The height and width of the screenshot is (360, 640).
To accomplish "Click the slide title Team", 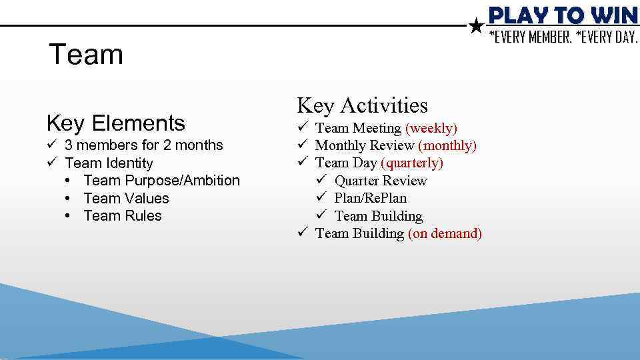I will click(x=86, y=55).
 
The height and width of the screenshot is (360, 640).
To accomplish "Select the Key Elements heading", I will click(x=116, y=123).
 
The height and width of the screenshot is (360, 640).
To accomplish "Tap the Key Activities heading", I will click(x=362, y=105).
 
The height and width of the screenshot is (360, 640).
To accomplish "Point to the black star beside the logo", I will click(x=476, y=27).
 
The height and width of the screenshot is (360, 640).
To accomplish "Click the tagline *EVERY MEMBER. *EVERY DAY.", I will click(x=563, y=37).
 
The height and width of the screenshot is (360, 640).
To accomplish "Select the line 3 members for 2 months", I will click(x=143, y=145).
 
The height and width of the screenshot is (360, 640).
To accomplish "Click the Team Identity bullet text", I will click(x=109, y=163).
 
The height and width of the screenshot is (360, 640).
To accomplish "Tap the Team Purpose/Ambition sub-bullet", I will click(x=161, y=181).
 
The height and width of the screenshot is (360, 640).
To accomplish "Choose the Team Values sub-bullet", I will click(x=126, y=199).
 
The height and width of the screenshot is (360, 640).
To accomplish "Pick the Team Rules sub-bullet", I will click(x=123, y=216).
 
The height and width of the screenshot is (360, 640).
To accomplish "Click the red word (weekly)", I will click(x=431, y=128).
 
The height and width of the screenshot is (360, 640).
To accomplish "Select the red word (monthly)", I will click(x=447, y=145).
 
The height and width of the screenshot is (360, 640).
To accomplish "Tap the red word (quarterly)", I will click(x=411, y=163).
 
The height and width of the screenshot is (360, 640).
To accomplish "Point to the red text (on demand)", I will click(x=445, y=233).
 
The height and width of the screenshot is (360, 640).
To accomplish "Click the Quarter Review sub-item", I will click(x=380, y=181).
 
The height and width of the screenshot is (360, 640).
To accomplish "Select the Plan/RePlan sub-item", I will click(x=370, y=198).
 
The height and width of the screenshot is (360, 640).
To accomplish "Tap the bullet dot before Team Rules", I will click(x=70, y=216).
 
